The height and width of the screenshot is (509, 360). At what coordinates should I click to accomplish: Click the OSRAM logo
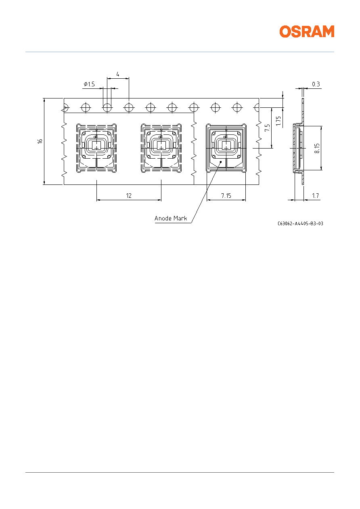click(307, 31)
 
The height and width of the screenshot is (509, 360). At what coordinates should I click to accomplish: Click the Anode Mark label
click(171, 218)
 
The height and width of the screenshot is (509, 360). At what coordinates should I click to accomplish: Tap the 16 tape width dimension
click(40, 141)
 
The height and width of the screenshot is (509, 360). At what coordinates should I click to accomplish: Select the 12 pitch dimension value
click(129, 196)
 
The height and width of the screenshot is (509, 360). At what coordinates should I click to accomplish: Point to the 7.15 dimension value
click(226, 196)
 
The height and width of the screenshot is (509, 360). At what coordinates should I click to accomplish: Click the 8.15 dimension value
click(317, 148)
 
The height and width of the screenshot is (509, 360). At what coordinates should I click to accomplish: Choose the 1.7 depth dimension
click(315, 196)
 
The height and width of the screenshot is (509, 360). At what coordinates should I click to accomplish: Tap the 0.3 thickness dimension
click(316, 84)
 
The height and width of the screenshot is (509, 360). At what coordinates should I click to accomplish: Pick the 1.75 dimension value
click(278, 121)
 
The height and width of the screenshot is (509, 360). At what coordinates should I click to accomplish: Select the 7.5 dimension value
click(267, 128)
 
